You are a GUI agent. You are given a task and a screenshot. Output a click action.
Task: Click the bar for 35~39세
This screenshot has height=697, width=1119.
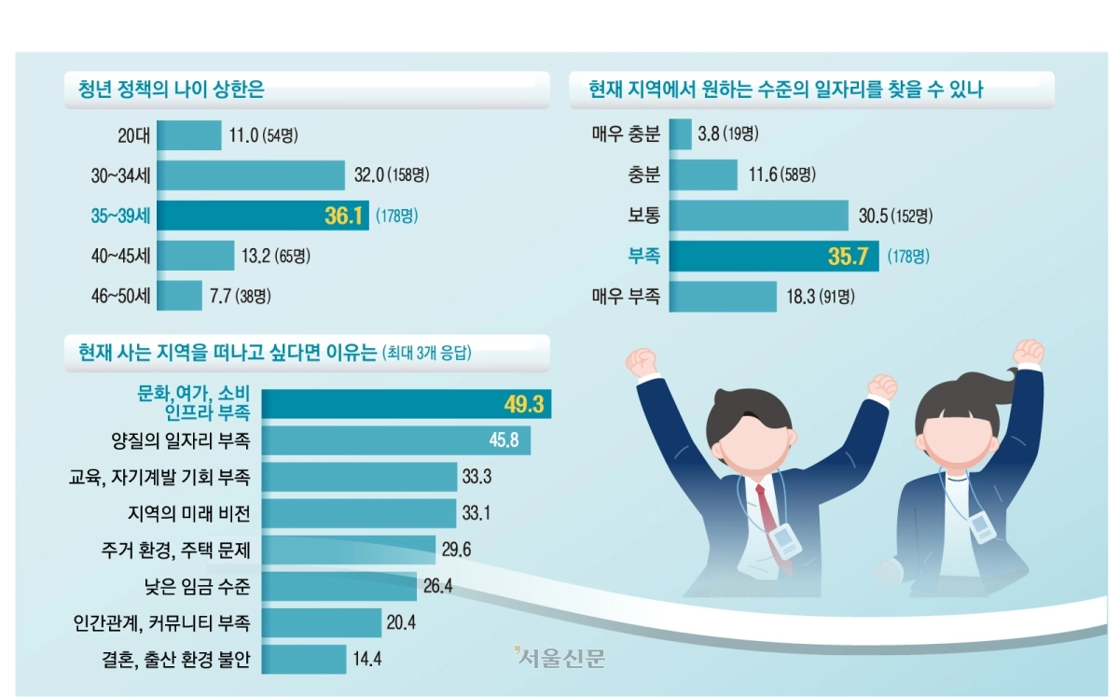[263, 216]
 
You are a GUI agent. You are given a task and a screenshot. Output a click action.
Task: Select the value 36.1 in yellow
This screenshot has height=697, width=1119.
[342, 216]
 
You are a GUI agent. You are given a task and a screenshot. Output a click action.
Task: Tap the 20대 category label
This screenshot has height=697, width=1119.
[133, 136]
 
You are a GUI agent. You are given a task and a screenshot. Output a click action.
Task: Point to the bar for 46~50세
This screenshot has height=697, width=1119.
[179, 296]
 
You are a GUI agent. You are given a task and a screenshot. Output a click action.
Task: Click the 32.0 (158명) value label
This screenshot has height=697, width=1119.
[391, 176]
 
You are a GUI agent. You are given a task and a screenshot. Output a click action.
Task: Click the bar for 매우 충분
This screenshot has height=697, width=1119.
[681, 134]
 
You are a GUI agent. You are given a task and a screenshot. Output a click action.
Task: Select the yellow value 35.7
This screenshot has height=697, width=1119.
[850, 256]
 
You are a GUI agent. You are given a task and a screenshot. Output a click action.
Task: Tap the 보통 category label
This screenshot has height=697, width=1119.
[643, 216]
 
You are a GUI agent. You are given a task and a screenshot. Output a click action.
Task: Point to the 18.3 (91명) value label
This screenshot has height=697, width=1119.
[819, 297]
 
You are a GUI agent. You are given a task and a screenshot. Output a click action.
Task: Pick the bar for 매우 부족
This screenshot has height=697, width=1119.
[724, 297]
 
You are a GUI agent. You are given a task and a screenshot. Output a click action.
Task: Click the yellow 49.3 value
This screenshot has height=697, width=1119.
[522, 405]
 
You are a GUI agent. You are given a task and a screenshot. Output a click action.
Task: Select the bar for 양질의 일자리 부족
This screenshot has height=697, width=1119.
[396, 439]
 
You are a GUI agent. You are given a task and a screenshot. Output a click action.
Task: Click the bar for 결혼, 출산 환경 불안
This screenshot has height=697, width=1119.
[304, 659]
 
